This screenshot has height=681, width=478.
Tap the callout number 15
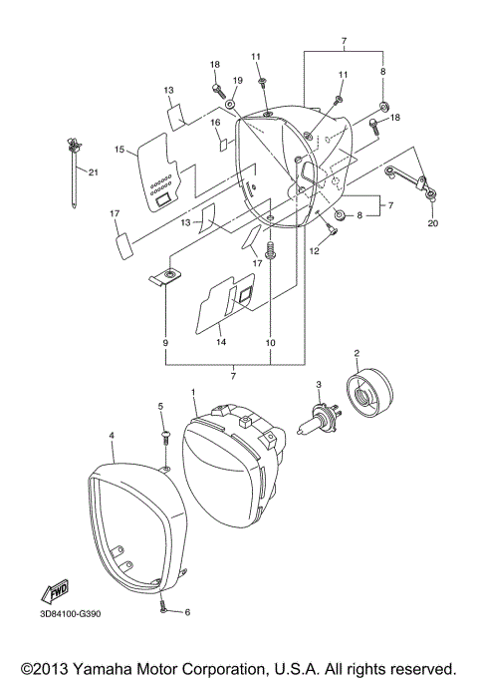[119, 151]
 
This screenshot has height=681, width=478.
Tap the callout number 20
[432, 224]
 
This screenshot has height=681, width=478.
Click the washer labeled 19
[230, 103]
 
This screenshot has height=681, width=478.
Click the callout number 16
[214, 122]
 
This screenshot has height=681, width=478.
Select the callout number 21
[94, 171]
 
